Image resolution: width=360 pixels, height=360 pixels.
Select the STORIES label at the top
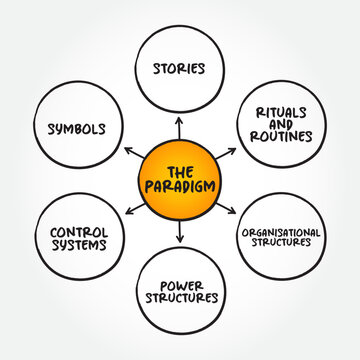(x=181, y=69)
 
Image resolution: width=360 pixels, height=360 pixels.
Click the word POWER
(x=181, y=282)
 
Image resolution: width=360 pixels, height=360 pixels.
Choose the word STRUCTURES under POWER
(x=181, y=297)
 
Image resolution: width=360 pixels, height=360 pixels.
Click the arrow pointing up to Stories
(x=181, y=125)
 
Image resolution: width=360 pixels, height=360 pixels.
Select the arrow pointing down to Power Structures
(x=181, y=236)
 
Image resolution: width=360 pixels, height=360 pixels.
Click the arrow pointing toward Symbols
(x=131, y=153)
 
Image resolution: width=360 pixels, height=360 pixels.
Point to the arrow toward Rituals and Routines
(x=231, y=153)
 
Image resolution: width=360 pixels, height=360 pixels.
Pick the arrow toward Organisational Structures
(x=231, y=208)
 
